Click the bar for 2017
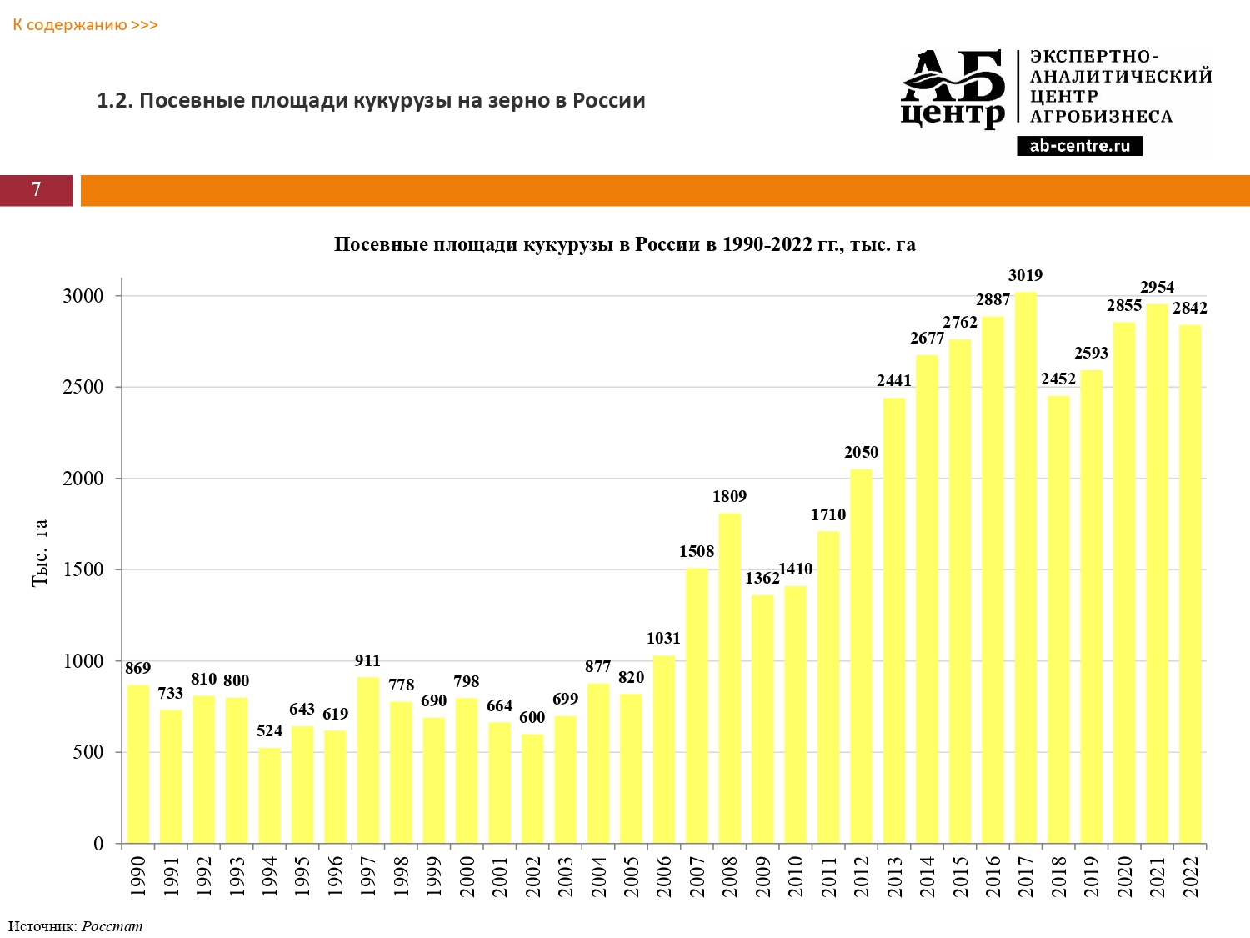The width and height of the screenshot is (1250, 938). pos(1026,567)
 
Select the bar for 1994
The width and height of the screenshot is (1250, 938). pos(269,795)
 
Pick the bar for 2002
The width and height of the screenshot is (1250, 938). pos(532,788)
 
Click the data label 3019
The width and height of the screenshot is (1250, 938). pos(1025,276)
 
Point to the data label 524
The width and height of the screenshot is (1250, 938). pos(269,731)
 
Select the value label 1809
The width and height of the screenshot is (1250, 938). pos(729,497)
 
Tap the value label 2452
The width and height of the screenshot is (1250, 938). pos(1058,379)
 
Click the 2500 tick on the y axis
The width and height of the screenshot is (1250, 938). pos(83,388)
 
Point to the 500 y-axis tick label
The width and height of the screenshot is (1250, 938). pos(87,753)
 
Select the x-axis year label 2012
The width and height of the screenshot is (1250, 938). pos(862,876)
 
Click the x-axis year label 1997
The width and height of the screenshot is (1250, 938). pos(368,876)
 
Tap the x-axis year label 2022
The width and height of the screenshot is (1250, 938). pos(1191,876)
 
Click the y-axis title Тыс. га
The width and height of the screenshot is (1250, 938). pos(40,552)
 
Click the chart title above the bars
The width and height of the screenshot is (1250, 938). pos(624,245)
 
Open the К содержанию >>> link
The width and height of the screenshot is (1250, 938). pos(85,25)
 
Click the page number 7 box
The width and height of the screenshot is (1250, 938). pos(37,190)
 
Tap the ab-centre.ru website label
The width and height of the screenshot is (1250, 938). pos(1079,146)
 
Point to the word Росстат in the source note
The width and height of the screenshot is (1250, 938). pos(112,926)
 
